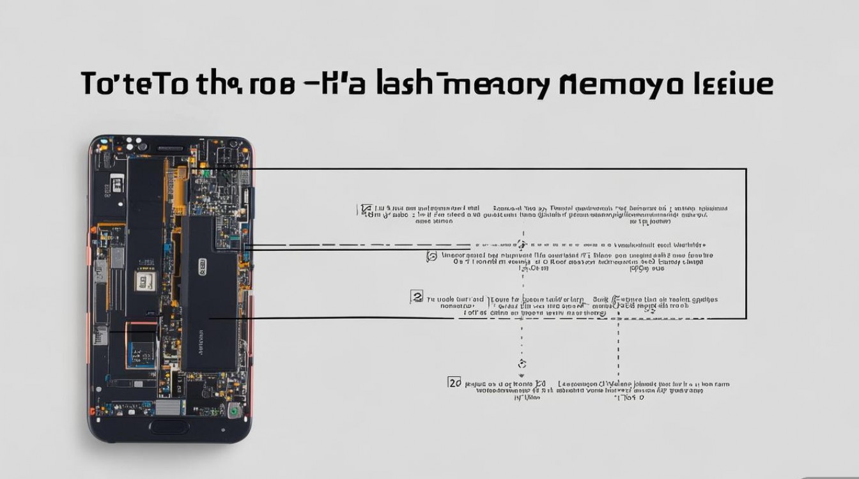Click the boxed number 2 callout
[x=417, y=296]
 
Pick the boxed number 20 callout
[x=454, y=383]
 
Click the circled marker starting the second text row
[x=431, y=257]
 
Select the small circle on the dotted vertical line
[x=522, y=364]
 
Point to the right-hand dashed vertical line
[x=618, y=348]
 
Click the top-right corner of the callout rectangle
[x=746, y=169]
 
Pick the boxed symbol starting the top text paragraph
[x=366, y=209]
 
